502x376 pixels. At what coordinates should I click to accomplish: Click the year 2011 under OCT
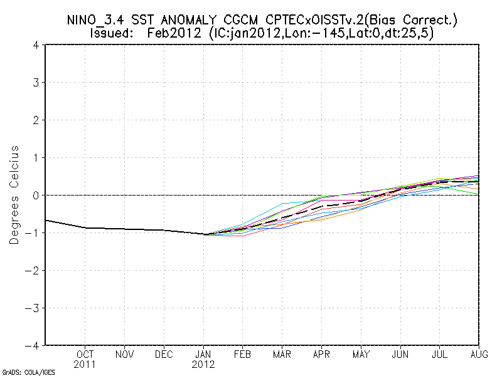86,364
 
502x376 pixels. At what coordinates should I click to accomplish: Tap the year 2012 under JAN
204,364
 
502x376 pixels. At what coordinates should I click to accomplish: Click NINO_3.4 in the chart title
94,21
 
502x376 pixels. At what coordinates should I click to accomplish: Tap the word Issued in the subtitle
114,33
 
